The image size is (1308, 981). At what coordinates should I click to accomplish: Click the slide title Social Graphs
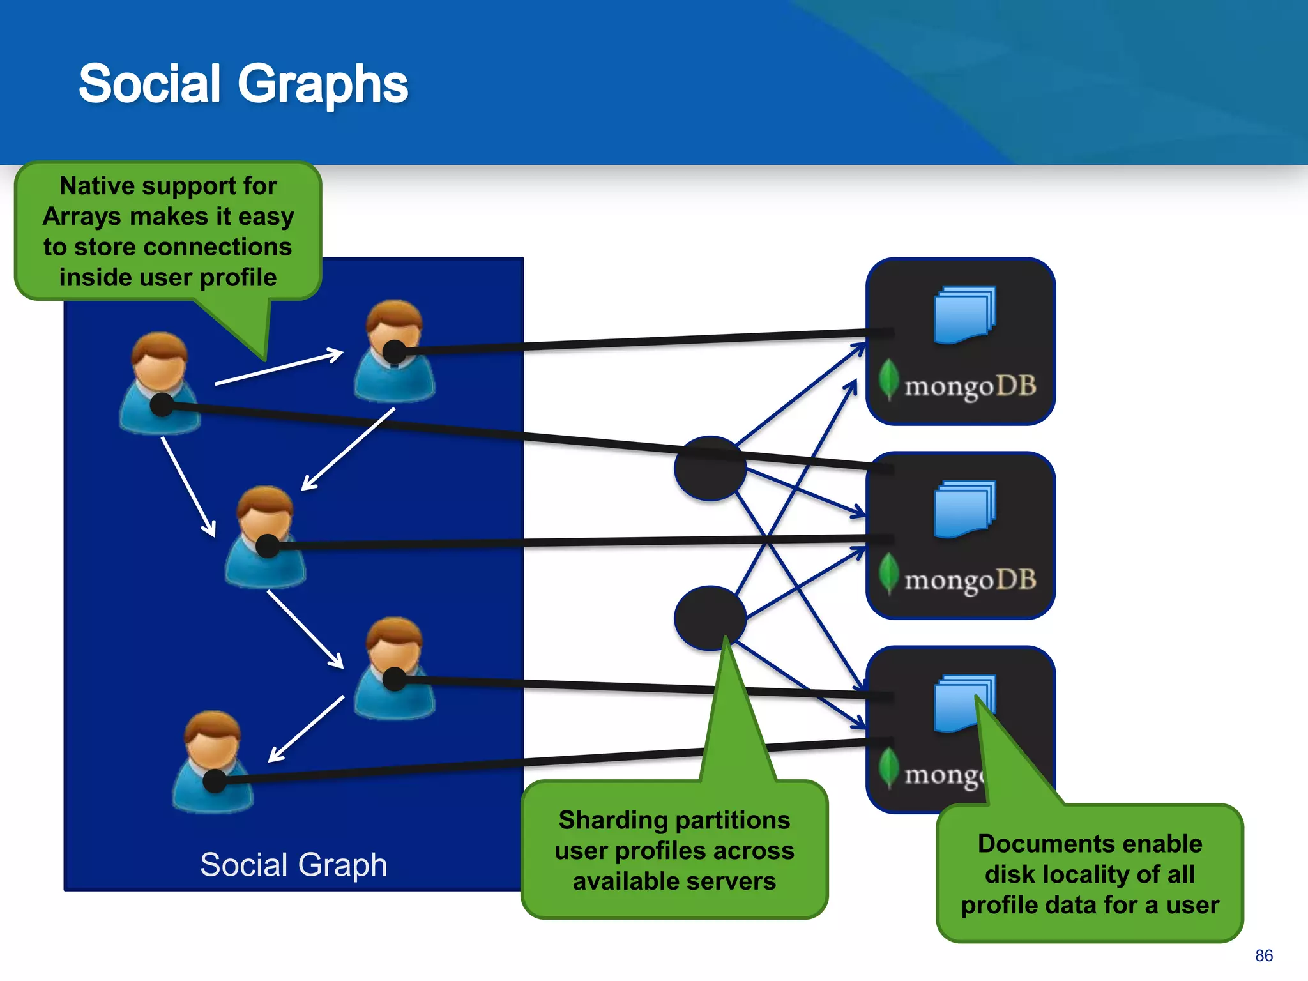[243, 84]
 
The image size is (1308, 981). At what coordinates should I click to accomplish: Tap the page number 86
[1263, 955]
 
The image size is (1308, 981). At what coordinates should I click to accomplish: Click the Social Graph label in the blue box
[293, 865]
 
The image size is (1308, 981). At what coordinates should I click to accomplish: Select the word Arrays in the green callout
[81, 217]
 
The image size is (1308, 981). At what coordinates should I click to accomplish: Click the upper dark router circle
[710, 468]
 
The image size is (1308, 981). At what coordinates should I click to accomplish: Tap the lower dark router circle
[710, 618]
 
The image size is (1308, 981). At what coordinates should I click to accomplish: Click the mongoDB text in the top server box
[970, 386]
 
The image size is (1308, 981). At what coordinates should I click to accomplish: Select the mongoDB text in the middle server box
[970, 580]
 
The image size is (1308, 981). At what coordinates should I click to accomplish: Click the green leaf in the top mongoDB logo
[888, 379]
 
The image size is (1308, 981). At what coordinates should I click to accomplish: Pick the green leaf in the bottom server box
[888, 768]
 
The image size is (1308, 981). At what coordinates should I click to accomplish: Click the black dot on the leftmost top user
[162, 405]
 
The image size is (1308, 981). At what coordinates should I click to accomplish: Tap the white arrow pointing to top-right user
[279, 367]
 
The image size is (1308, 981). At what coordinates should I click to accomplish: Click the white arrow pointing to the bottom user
[306, 729]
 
